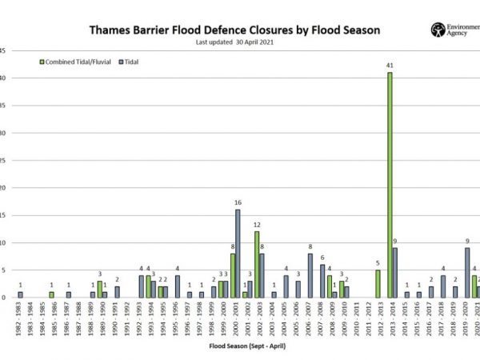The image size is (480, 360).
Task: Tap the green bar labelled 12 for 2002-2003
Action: [256, 264]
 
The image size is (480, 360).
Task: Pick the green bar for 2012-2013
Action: [378, 283]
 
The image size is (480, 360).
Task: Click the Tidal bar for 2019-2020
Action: [467, 272]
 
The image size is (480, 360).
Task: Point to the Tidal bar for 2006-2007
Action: [310, 275]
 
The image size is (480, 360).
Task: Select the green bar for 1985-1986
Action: [51, 294]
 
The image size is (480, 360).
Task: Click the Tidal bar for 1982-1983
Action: [21, 294]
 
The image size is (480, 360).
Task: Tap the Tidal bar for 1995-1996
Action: [178, 286]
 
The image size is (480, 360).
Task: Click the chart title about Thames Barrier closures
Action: [234, 30]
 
